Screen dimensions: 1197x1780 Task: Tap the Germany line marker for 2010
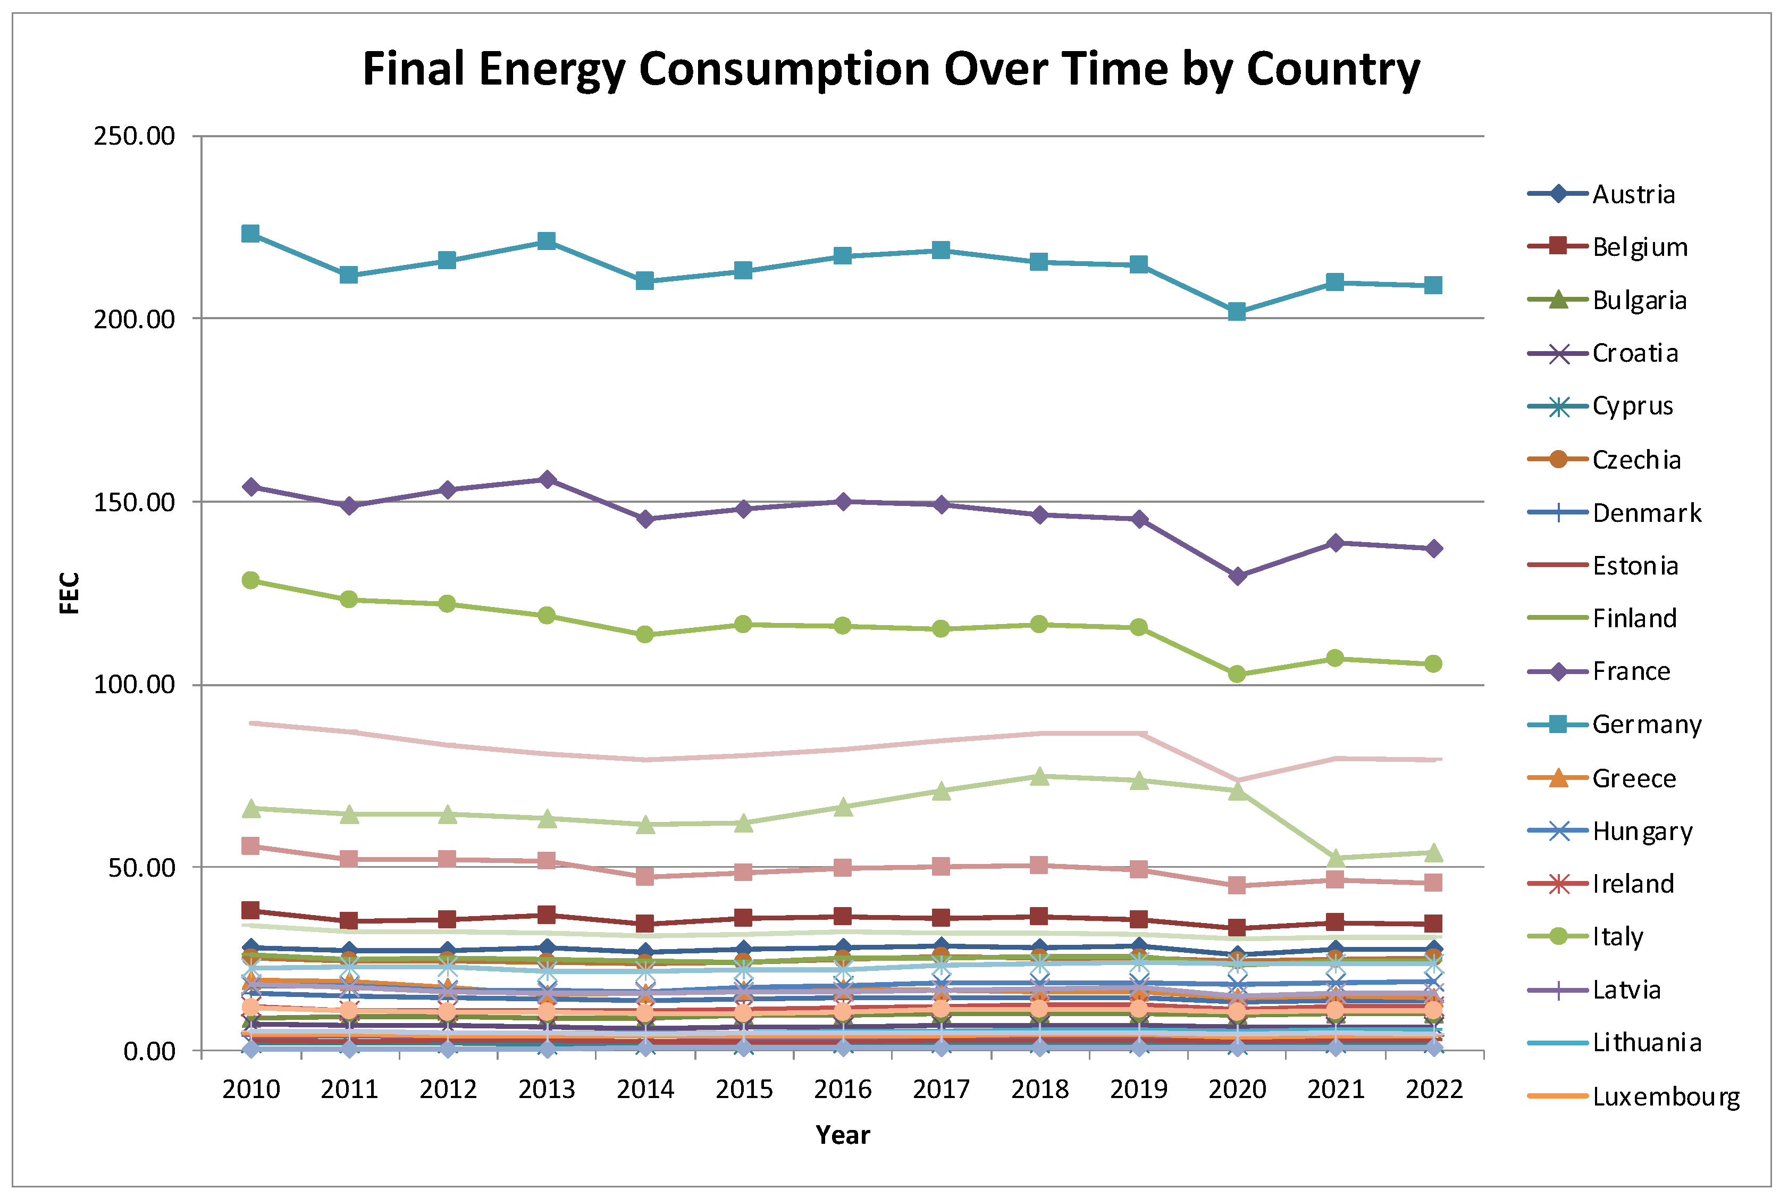coord(250,233)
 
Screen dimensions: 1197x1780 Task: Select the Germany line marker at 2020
coord(1237,311)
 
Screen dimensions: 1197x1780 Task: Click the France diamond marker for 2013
coord(547,479)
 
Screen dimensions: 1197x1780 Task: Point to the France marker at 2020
coord(1237,576)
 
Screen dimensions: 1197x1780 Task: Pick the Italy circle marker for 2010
coord(250,580)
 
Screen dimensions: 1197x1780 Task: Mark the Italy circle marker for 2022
coord(1433,664)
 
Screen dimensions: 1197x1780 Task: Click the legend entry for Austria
coord(1633,195)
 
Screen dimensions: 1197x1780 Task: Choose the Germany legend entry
coord(1647,725)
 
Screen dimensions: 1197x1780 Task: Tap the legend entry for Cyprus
coord(1632,406)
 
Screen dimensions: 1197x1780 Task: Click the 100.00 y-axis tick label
coord(135,684)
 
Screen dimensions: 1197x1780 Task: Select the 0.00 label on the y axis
coord(149,1051)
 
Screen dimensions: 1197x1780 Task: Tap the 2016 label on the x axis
coord(842,1090)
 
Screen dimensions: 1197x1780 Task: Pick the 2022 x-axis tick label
coord(1433,1090)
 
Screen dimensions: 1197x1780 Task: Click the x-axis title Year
coord(842,1135)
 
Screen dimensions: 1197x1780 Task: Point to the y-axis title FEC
coord(70,593)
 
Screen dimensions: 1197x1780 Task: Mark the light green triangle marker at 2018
coord(1039,776)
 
